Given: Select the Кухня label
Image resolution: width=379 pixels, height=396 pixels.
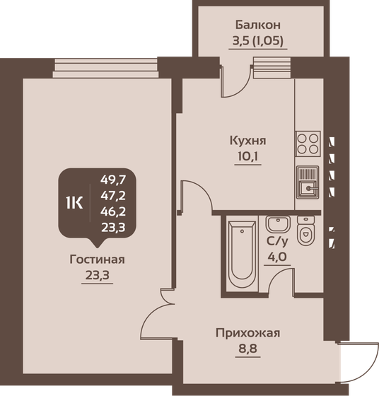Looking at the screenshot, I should tap(246, 139).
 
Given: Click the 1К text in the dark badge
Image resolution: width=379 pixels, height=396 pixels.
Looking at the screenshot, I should tap(74, 203).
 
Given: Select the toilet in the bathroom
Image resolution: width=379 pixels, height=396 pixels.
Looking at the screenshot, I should tap(305, 233).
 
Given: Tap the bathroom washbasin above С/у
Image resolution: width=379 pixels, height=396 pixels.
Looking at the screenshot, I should tap(275, 225).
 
